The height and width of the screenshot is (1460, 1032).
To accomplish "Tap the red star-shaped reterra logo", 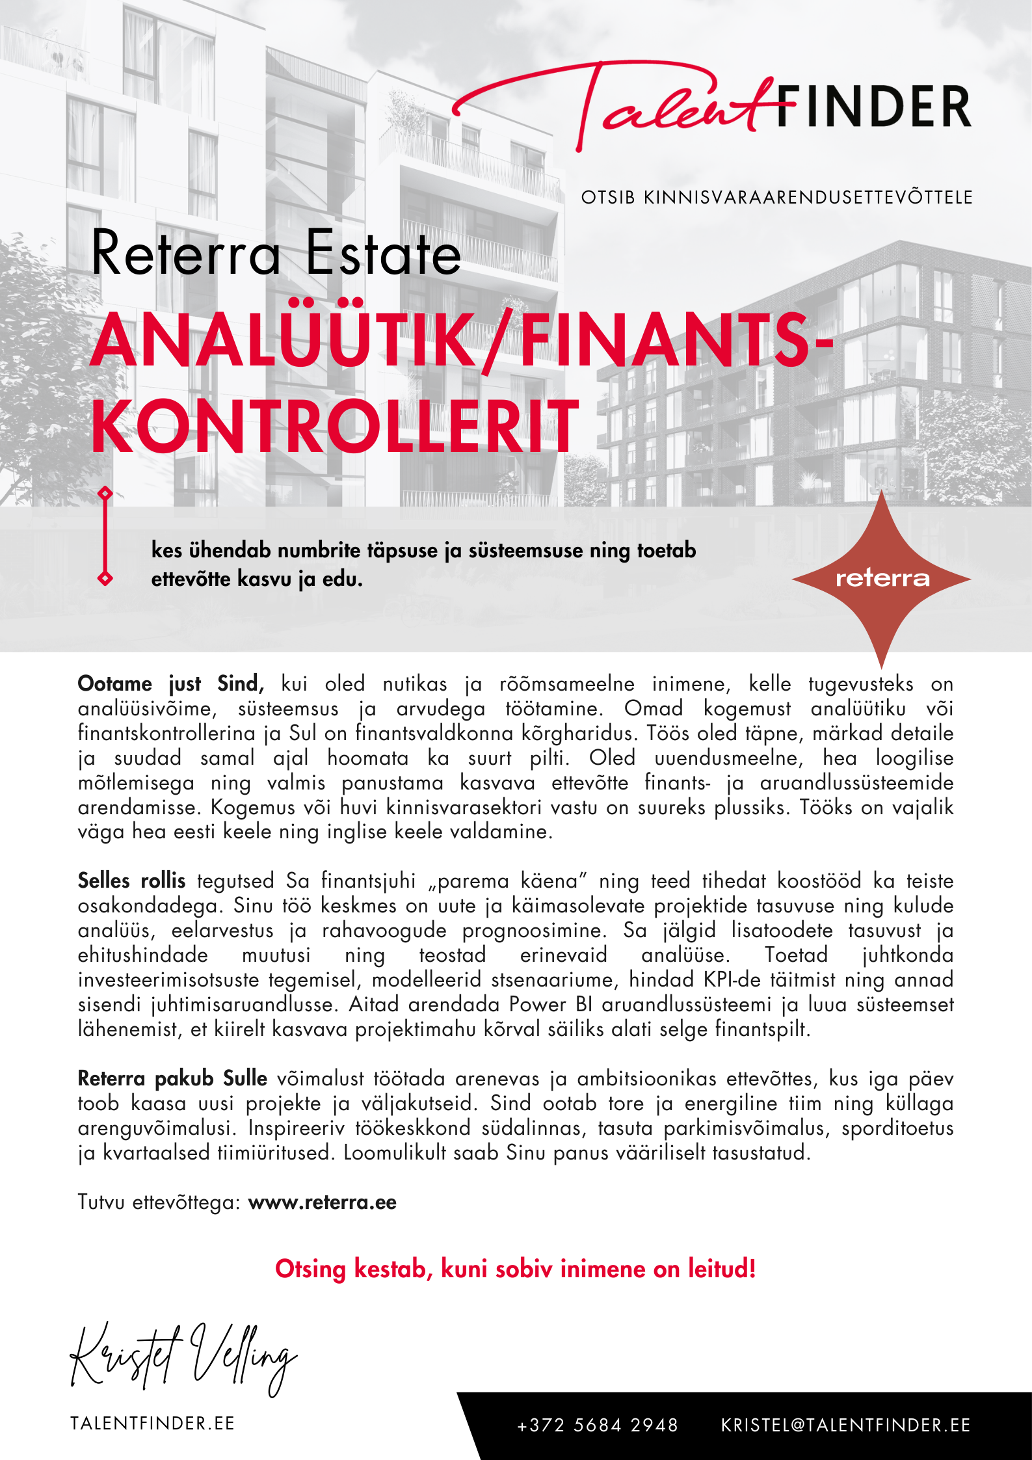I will point(882,578).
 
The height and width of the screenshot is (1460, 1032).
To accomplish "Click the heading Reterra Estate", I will point(276,254).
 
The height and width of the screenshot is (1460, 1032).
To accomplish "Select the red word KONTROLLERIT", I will point(334,427).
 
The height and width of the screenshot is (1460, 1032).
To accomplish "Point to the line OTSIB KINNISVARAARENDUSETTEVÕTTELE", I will point(776,198).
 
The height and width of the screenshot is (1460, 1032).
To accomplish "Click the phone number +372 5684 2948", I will point(598,1426).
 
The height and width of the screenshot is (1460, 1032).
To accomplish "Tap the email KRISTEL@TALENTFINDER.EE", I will point(845,1426).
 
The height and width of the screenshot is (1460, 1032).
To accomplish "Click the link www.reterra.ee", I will point(323,1202).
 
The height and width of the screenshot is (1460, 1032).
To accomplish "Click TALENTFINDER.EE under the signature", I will point(152,1424).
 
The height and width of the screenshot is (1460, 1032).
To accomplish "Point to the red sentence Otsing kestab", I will point(515,1269).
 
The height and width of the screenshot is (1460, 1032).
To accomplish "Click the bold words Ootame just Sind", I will point(170,684).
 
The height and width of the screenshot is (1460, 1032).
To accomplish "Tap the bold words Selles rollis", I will point(131,881).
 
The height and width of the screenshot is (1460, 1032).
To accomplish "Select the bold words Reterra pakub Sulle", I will point(172,1078).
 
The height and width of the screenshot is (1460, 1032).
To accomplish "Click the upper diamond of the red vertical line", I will point(105,494).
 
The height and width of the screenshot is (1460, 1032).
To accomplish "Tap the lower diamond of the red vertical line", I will point(105,578).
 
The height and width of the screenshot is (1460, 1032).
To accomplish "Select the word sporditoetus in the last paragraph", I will point(897,1128).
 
